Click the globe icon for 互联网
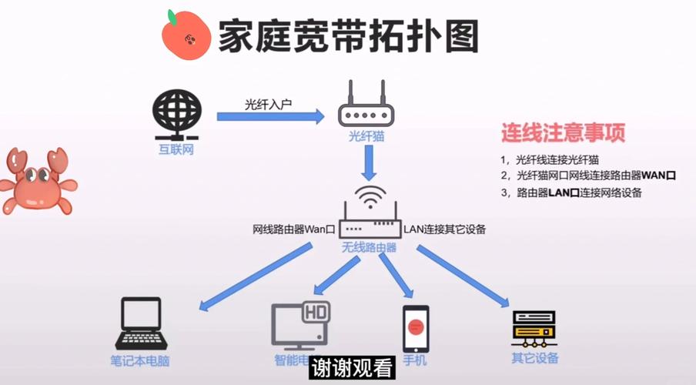(x=177, y=113)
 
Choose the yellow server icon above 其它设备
(x=534, y=329)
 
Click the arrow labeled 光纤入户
(x=269, y=116)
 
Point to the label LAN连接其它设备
(x=445, y=229)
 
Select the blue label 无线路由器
(x=370, y=248)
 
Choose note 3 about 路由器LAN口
(x=574, y=192)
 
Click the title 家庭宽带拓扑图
(x=348, y=35)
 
